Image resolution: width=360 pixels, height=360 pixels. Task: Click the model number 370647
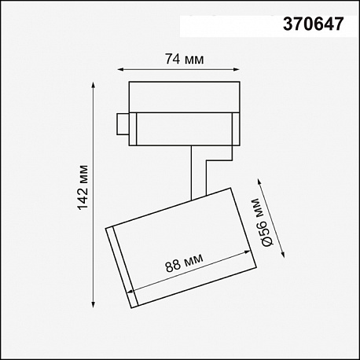313,24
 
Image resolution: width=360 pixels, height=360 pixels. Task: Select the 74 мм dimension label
184,59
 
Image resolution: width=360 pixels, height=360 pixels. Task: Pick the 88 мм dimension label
184,263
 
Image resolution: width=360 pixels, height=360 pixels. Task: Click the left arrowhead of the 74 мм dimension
120,69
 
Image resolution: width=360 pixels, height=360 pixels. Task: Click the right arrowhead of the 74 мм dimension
237,69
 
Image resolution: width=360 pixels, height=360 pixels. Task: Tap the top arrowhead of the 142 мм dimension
93,86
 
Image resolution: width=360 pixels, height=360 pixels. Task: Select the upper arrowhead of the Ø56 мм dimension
259,182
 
